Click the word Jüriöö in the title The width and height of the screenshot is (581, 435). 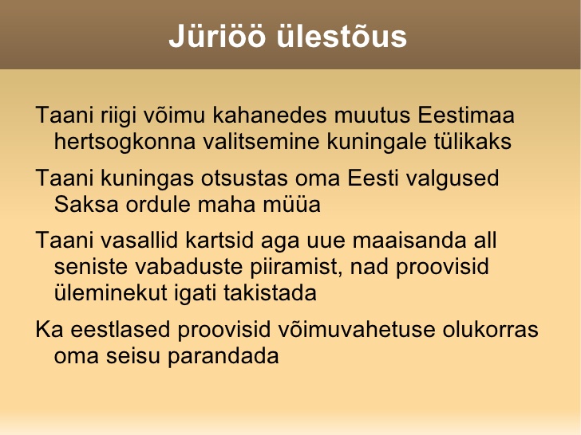217,36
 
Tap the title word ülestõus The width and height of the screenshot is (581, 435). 342,36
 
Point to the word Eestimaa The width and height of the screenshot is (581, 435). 466,115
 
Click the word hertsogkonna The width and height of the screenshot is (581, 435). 125,142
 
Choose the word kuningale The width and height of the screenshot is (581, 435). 377,142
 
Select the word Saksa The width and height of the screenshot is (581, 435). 86,204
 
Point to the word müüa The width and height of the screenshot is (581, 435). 291,204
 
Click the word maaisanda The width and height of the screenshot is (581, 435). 409,240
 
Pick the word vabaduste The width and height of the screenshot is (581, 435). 188,266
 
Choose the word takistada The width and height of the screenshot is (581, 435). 270,292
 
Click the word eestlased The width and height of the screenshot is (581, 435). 121,329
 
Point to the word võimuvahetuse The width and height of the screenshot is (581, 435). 357,329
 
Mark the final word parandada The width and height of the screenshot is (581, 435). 223,357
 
